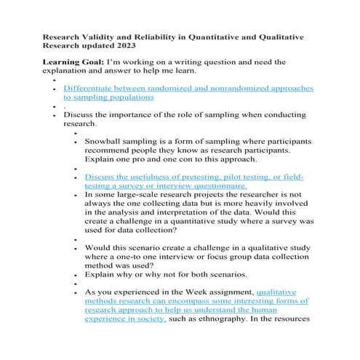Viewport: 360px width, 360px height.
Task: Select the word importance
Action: [x=124, y=114]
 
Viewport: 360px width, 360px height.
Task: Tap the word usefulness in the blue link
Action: [x=151, y=177]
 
